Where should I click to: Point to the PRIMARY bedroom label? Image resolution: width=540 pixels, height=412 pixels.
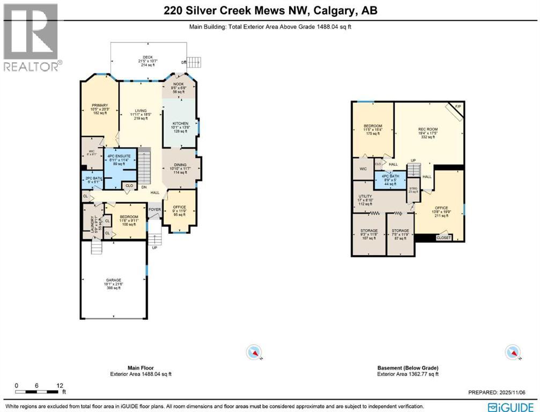(x=100, y=105)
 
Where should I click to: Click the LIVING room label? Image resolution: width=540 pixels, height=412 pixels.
(x=140, y=111)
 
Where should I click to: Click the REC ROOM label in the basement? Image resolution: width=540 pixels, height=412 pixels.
(x=428, y=129)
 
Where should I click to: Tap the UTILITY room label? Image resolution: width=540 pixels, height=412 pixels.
(x=365, y=196)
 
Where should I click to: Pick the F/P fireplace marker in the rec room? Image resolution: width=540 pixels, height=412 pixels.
(x=457, y=108)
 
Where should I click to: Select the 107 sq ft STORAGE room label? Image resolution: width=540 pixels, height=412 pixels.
(x=368, y=231)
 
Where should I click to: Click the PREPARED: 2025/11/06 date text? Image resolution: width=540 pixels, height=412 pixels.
(x=503, y=392)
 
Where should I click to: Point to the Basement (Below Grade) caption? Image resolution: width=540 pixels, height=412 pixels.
(x=408, y=368)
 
